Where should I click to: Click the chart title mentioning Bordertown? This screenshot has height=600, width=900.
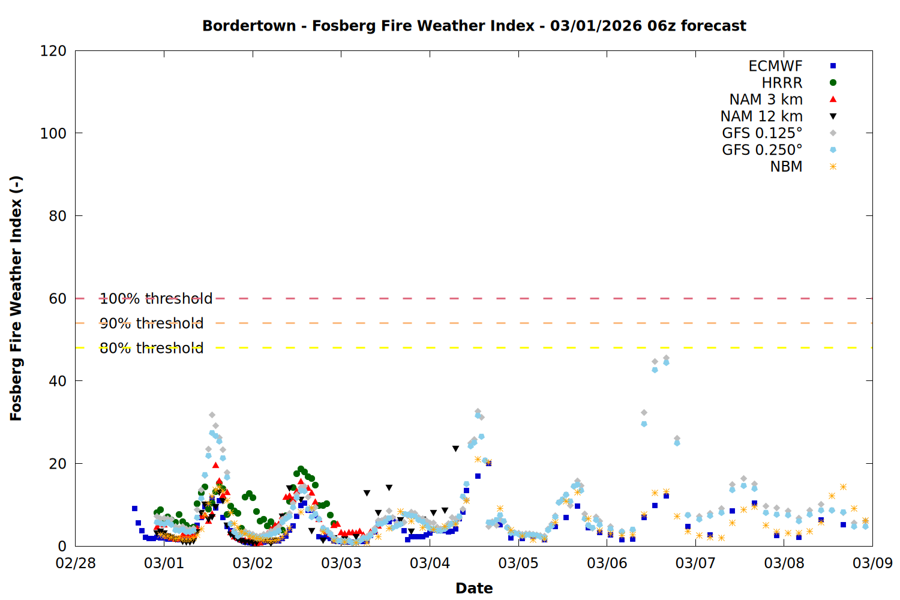[x=474, y=26]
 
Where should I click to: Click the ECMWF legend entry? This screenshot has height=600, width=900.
[x=775, y=66]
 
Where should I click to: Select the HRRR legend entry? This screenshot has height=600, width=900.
[x=782, y=83]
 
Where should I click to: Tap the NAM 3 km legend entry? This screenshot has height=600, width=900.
[x=766, y=100]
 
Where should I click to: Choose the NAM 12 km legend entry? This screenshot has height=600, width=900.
[x=761, y=116]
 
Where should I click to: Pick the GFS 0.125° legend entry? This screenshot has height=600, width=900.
[x=762, y=133]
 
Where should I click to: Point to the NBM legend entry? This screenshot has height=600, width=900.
[x=786, y=167]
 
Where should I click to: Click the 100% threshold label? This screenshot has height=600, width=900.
[x=156, y=299]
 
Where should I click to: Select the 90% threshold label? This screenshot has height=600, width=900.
[x=152, y=323]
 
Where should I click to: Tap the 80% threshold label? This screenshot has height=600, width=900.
[x=152, y=348]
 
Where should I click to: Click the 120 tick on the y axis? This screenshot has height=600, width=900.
[x=53, y=51]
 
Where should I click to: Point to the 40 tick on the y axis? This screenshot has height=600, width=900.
[x=58, y=381]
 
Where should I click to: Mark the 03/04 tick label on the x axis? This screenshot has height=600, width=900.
[x=430, y=563]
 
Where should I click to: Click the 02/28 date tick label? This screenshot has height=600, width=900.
[x=76, y=563]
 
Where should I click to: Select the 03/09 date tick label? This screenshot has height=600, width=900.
[x=872, y=563]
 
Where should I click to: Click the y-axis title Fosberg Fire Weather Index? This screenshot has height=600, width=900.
[x=16, y=298]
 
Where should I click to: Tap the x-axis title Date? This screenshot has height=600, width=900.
[x=474, y=588]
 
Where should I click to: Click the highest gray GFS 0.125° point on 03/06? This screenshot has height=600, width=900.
[x=666, y=358]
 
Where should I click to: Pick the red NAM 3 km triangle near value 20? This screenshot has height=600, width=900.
[x=215, y=465]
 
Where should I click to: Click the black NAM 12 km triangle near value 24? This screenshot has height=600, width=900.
[x=455, y=449]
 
